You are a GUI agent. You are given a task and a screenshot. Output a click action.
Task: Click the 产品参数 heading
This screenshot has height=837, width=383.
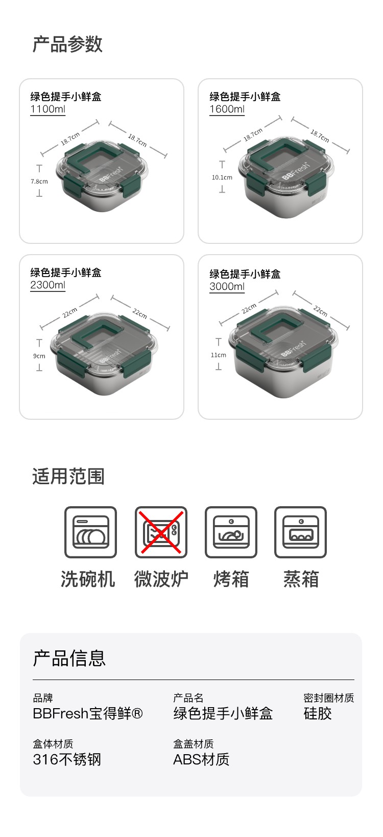click(67, 44)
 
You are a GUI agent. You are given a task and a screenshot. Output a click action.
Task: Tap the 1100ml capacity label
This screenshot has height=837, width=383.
click(48, 109)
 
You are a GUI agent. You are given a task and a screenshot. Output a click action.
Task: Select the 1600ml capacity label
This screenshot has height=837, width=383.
click(227, 109)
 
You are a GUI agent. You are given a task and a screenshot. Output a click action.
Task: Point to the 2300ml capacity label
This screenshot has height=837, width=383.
click(48, 285)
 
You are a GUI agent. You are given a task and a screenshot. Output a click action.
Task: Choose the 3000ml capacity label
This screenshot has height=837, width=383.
click(227, 287)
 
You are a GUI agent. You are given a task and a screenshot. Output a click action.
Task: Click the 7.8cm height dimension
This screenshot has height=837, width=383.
click(39, 182)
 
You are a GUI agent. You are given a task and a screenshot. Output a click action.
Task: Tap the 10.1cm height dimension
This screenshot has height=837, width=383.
click(222, 177)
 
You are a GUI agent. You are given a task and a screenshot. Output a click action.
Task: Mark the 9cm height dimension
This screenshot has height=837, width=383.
click(39, 356)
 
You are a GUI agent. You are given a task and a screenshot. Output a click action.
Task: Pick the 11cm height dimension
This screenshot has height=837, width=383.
click(219, 355)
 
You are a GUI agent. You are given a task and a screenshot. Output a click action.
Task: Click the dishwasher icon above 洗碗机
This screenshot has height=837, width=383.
click(91, 532)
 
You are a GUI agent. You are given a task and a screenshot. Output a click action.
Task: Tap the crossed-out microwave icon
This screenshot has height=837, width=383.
click(161, 532)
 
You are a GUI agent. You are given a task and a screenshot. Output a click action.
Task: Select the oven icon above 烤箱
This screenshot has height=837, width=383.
click(231, 532)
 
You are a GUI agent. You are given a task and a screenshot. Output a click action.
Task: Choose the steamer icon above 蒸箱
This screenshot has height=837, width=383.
click(300, 532)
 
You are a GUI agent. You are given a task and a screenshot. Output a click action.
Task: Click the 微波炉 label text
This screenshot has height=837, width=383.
click(161, 579)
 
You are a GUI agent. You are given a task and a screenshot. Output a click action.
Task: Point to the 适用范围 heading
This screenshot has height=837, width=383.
click(68, 477)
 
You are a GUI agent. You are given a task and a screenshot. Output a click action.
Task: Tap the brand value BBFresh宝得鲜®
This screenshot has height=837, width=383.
click(88, 714)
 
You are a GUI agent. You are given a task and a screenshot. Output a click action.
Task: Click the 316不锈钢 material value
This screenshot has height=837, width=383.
click(67, 760)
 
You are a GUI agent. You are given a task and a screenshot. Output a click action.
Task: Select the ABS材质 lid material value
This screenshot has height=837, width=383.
click(201, 760)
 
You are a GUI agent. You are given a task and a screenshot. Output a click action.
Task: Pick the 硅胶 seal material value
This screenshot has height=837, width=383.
click(318, 714)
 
